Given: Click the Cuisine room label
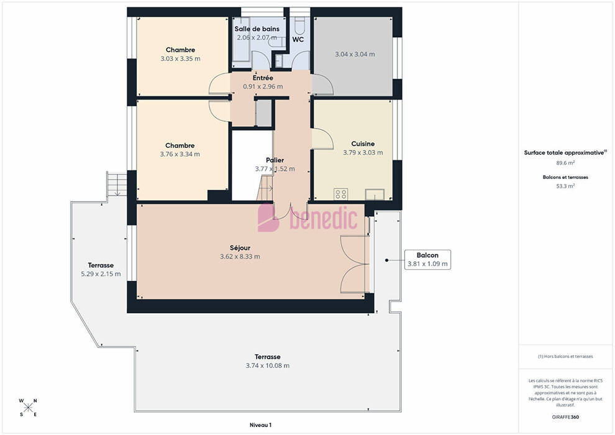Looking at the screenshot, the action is [x=363, y=144].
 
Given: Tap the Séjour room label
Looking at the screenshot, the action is [x=240, y=248].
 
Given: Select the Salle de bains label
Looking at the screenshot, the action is [x=257, y=29].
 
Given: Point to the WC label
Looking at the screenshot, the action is [x=298, y=40].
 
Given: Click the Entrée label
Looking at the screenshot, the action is [x=263, y=78].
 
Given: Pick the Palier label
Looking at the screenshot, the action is [x=275, y=160].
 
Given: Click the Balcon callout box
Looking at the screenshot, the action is [x=427, y=260].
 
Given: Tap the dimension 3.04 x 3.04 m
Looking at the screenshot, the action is [x=355, y=55].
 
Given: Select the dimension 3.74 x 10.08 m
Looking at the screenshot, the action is [x=268, y=365].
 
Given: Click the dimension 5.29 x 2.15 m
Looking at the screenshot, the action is [x=101, y=274].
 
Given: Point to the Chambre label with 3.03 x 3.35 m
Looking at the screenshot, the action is [x=180, y=50].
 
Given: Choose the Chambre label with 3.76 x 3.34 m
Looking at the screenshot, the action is [x=180, y=145].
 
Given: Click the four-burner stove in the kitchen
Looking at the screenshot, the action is [x=340, y=194].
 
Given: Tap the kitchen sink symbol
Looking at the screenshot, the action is [x=375, y=194].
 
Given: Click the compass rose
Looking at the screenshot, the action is [x=28, y=408].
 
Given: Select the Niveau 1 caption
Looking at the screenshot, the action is [x=261, y=425].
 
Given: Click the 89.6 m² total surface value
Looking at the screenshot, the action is [x=565, y=163].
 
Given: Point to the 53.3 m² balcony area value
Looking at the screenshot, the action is [x=565, y=186].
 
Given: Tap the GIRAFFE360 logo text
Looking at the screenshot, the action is [x=565, y=417].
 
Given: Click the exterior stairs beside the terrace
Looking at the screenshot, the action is [x=117, y=183].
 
